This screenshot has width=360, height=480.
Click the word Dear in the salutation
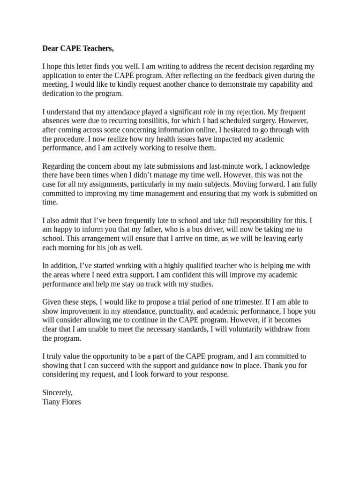tap(51, 48)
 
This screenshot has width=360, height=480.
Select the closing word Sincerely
tap(57, 392)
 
